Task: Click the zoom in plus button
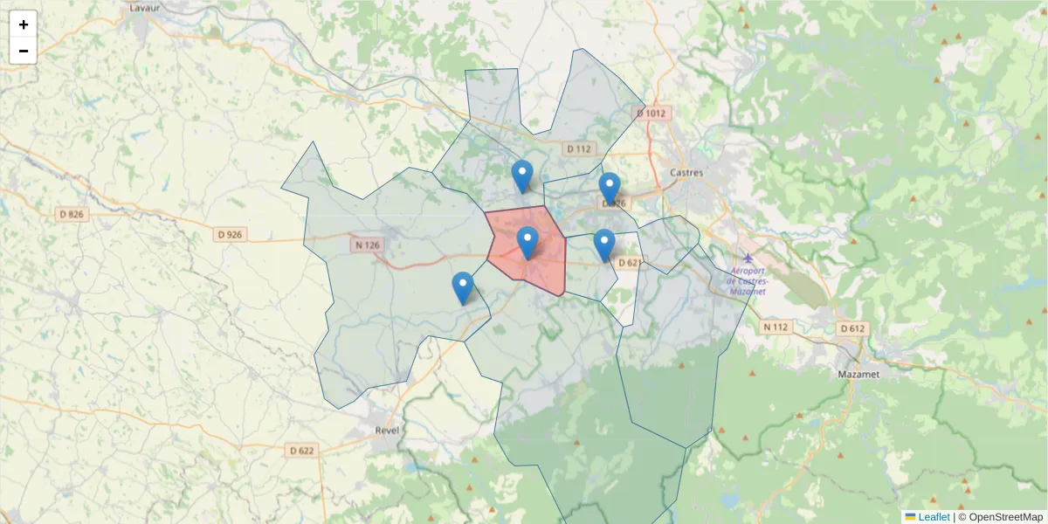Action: coord(24,24)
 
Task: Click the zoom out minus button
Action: coord(24,51)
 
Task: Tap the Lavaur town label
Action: coord(142,7)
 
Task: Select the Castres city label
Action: coord(686,173)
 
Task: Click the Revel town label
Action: coord(386,431)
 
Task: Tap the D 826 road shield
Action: coord(72,215)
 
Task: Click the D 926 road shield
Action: coord(230,234)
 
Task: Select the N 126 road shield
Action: coord(367,245)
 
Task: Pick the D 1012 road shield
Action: coord(651,114)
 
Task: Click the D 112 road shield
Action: coord(578,148)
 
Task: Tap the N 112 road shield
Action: coord(775,327)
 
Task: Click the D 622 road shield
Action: coord(300,451)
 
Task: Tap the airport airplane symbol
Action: coord(748,259)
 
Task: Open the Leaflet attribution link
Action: coord(934,517)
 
